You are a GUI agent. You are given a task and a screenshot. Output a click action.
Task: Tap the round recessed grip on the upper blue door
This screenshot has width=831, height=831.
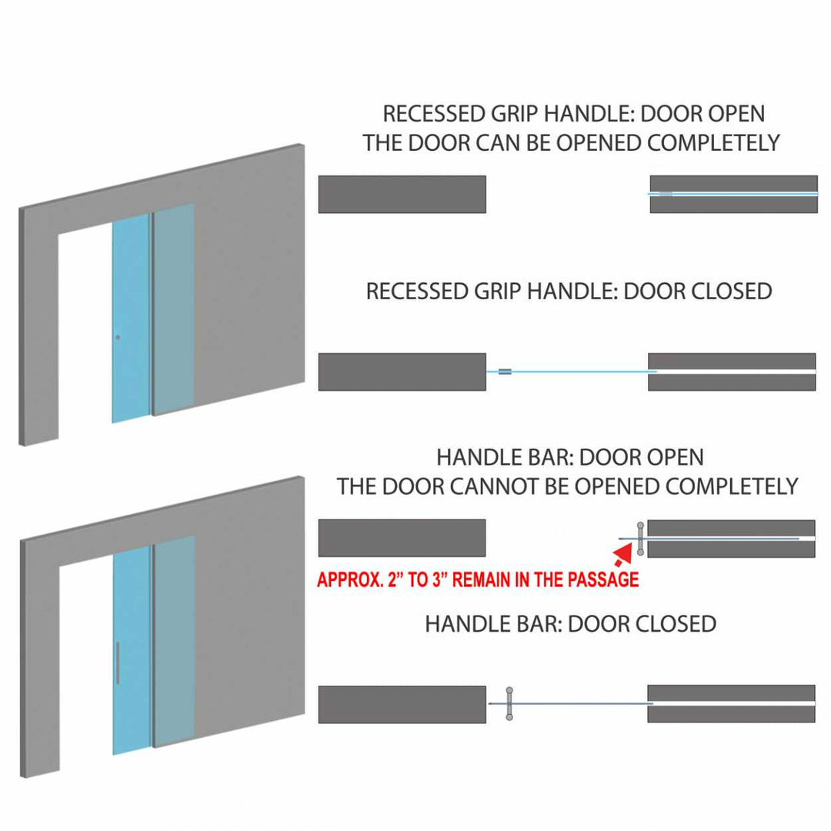[x=118, y=338]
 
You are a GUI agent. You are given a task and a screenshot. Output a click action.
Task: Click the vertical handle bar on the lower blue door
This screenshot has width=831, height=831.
[x=118, y=662]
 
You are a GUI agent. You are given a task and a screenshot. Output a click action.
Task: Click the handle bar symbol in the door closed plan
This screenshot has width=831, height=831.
[x=509, y=703]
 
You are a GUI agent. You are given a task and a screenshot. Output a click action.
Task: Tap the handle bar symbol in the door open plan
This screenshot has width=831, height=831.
[x=640, y=538]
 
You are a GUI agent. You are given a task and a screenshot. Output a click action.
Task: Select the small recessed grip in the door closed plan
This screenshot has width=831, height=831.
[x=505, y=372]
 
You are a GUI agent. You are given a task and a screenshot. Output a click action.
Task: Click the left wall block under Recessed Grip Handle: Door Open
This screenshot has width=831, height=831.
[x=402, y=194]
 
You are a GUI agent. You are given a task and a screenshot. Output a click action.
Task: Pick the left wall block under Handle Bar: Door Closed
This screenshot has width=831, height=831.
[x=402, y=704]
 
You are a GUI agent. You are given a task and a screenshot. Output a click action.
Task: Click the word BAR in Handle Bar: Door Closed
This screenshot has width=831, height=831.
[x=537, y=623]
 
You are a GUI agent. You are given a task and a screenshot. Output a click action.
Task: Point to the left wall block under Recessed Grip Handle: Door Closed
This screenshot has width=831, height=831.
[x=402, y=372]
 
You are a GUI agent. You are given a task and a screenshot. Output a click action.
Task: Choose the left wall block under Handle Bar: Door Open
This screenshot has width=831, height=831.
[x=402, y=538]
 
